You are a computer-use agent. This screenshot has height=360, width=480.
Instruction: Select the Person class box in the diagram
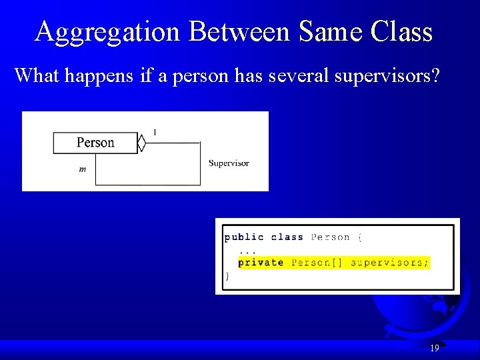point(95,143)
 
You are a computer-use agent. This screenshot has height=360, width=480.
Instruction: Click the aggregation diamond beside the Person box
point(141,143)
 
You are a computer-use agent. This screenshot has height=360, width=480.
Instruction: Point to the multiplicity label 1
point(155,133)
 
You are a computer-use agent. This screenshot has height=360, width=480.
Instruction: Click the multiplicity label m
point(82,169)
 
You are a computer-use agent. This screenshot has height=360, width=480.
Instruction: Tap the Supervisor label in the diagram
point(229,163)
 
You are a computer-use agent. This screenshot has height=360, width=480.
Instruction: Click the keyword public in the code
point(244,237)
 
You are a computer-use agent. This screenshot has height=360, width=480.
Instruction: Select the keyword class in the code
point(287,237)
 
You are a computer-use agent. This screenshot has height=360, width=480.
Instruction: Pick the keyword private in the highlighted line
point(261,263)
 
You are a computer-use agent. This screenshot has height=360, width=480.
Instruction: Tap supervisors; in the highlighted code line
point(390,263)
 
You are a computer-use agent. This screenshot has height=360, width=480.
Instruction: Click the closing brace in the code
point(227,275)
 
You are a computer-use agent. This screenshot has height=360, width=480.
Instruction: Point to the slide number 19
point(435,348)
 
